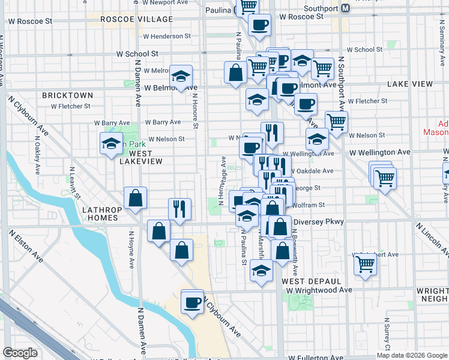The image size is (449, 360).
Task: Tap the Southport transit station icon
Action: (x=345, y=9)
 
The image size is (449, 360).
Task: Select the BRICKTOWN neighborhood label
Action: (x=68, y=95)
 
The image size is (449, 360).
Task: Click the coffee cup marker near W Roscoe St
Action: (x=259, y=25)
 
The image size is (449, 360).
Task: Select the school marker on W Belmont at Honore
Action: (x=181, y=76)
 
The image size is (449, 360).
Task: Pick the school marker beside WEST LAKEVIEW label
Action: (x=111, y=143)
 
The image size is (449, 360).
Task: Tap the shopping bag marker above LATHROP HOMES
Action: (x=136, y=198)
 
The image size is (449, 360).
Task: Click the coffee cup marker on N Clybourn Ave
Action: (x=192, y=301)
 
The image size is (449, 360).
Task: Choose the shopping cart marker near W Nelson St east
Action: (x=337, y=122)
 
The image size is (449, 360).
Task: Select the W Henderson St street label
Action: (x=166, y=36)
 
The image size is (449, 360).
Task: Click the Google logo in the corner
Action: (x=20, y=352)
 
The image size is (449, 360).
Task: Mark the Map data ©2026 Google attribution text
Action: (x=412, y=355)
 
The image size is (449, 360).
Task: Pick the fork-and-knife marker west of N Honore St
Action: (x=179, y=209)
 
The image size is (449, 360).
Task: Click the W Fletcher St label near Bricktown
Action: (x=70, y=106)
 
